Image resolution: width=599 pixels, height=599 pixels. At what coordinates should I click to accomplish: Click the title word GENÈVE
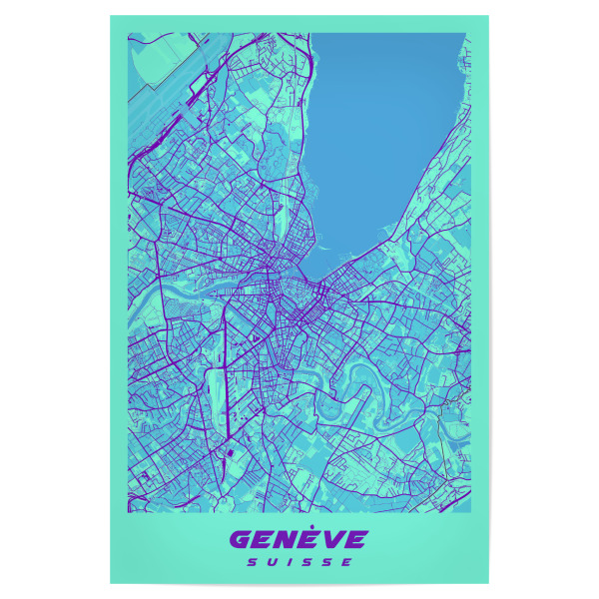299,540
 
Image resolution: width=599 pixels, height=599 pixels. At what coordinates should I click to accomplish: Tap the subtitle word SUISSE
299,562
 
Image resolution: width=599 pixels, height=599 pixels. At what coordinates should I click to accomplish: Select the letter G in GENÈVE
243,540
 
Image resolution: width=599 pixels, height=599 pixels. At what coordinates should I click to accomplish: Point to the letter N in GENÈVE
287,540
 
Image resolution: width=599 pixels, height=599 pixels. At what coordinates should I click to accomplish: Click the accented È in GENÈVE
308,539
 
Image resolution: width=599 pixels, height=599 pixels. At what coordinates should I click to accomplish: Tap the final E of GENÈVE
354,540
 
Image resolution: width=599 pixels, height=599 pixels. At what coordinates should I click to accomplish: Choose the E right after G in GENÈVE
265,540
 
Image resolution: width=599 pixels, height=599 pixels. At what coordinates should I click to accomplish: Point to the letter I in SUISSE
290,562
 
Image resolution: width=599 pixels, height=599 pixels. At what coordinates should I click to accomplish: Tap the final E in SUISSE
347,562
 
